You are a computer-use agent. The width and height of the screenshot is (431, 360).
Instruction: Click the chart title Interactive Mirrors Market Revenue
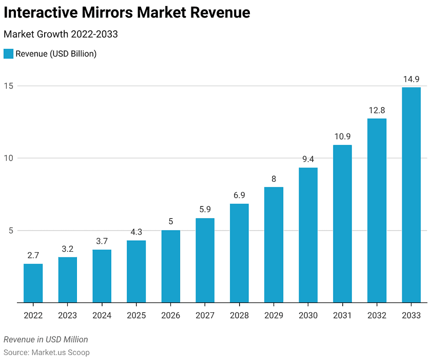pos(127,13)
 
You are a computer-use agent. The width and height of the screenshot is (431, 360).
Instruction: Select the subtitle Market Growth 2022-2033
pos(61,34)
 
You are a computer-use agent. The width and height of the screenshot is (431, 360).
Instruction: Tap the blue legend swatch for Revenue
pos(8,53)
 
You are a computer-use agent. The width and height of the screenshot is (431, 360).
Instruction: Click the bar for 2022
pos(33,283)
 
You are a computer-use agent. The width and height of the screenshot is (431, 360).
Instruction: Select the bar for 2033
pos(411,195)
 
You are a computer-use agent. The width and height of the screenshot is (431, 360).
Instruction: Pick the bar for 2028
pos(239,253)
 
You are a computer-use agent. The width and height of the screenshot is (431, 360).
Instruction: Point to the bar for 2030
pos(308,235)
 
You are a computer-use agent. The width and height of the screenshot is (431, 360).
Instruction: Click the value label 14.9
pos(411,79)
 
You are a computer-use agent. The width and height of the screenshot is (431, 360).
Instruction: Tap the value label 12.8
pos(377,110)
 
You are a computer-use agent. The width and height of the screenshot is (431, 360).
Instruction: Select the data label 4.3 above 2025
pos(136,232)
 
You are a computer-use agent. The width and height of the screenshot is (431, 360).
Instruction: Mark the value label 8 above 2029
pos(273,179)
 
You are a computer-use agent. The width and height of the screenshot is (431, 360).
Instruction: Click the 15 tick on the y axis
pos(9,86)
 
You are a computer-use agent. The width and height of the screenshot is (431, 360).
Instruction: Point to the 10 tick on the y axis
pos(9,158)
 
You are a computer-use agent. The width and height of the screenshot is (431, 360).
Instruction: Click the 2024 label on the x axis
pos(102,315)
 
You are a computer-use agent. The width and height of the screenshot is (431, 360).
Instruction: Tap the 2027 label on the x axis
pos(205,315)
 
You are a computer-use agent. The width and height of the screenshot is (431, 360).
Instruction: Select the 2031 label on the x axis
pos(342,315)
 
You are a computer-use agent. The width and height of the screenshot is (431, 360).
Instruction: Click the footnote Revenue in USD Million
pos(46,339)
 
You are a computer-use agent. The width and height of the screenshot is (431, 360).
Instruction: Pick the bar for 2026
pos(170,266)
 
